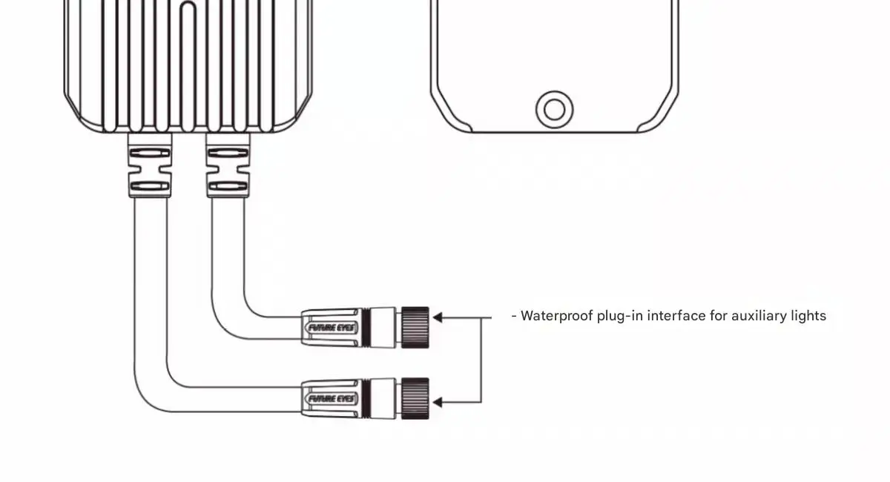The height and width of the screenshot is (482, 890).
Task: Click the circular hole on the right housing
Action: click(x=554, y=109)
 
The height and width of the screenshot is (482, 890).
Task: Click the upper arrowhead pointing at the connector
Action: click(x=438, y=317)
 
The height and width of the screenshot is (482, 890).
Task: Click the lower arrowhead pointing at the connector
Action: click(x=438, y=403)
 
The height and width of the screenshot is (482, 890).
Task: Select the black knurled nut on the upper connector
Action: click(x=415, y=328)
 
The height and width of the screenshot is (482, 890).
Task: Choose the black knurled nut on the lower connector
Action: click(x=415, y=398)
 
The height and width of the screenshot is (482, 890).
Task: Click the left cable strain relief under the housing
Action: click(x=150, y=165)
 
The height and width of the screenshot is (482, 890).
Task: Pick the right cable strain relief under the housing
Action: click(x=228, y=165)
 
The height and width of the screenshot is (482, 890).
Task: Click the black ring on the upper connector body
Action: click(x=366, y=328)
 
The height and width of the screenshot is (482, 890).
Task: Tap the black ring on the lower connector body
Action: click(x=366, y=398)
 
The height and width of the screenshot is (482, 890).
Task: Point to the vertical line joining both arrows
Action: click(x=481, y=360)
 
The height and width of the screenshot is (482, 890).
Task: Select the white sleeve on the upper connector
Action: click(x=383, y=328)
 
